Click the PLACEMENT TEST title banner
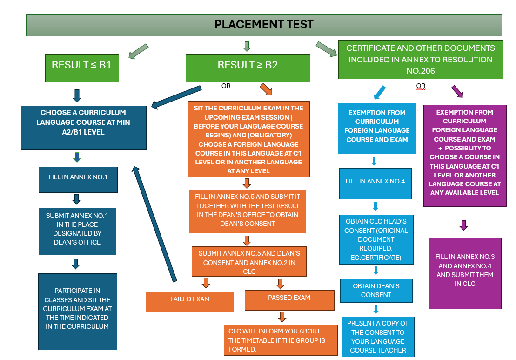coord(264,25)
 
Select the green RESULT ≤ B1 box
coord(81,65)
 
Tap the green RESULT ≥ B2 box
coord(248,65)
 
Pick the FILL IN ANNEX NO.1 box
coord(77,177)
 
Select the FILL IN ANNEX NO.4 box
coord(375,181)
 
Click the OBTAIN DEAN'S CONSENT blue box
coord(376,290)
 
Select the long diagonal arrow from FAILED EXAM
coord(154,224)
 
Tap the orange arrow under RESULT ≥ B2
coord(266,89)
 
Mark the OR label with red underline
coord(421,86)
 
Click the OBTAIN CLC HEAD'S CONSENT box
coord(376,239)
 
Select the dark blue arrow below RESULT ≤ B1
coord(77,95)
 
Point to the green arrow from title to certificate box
coord(326,49)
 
